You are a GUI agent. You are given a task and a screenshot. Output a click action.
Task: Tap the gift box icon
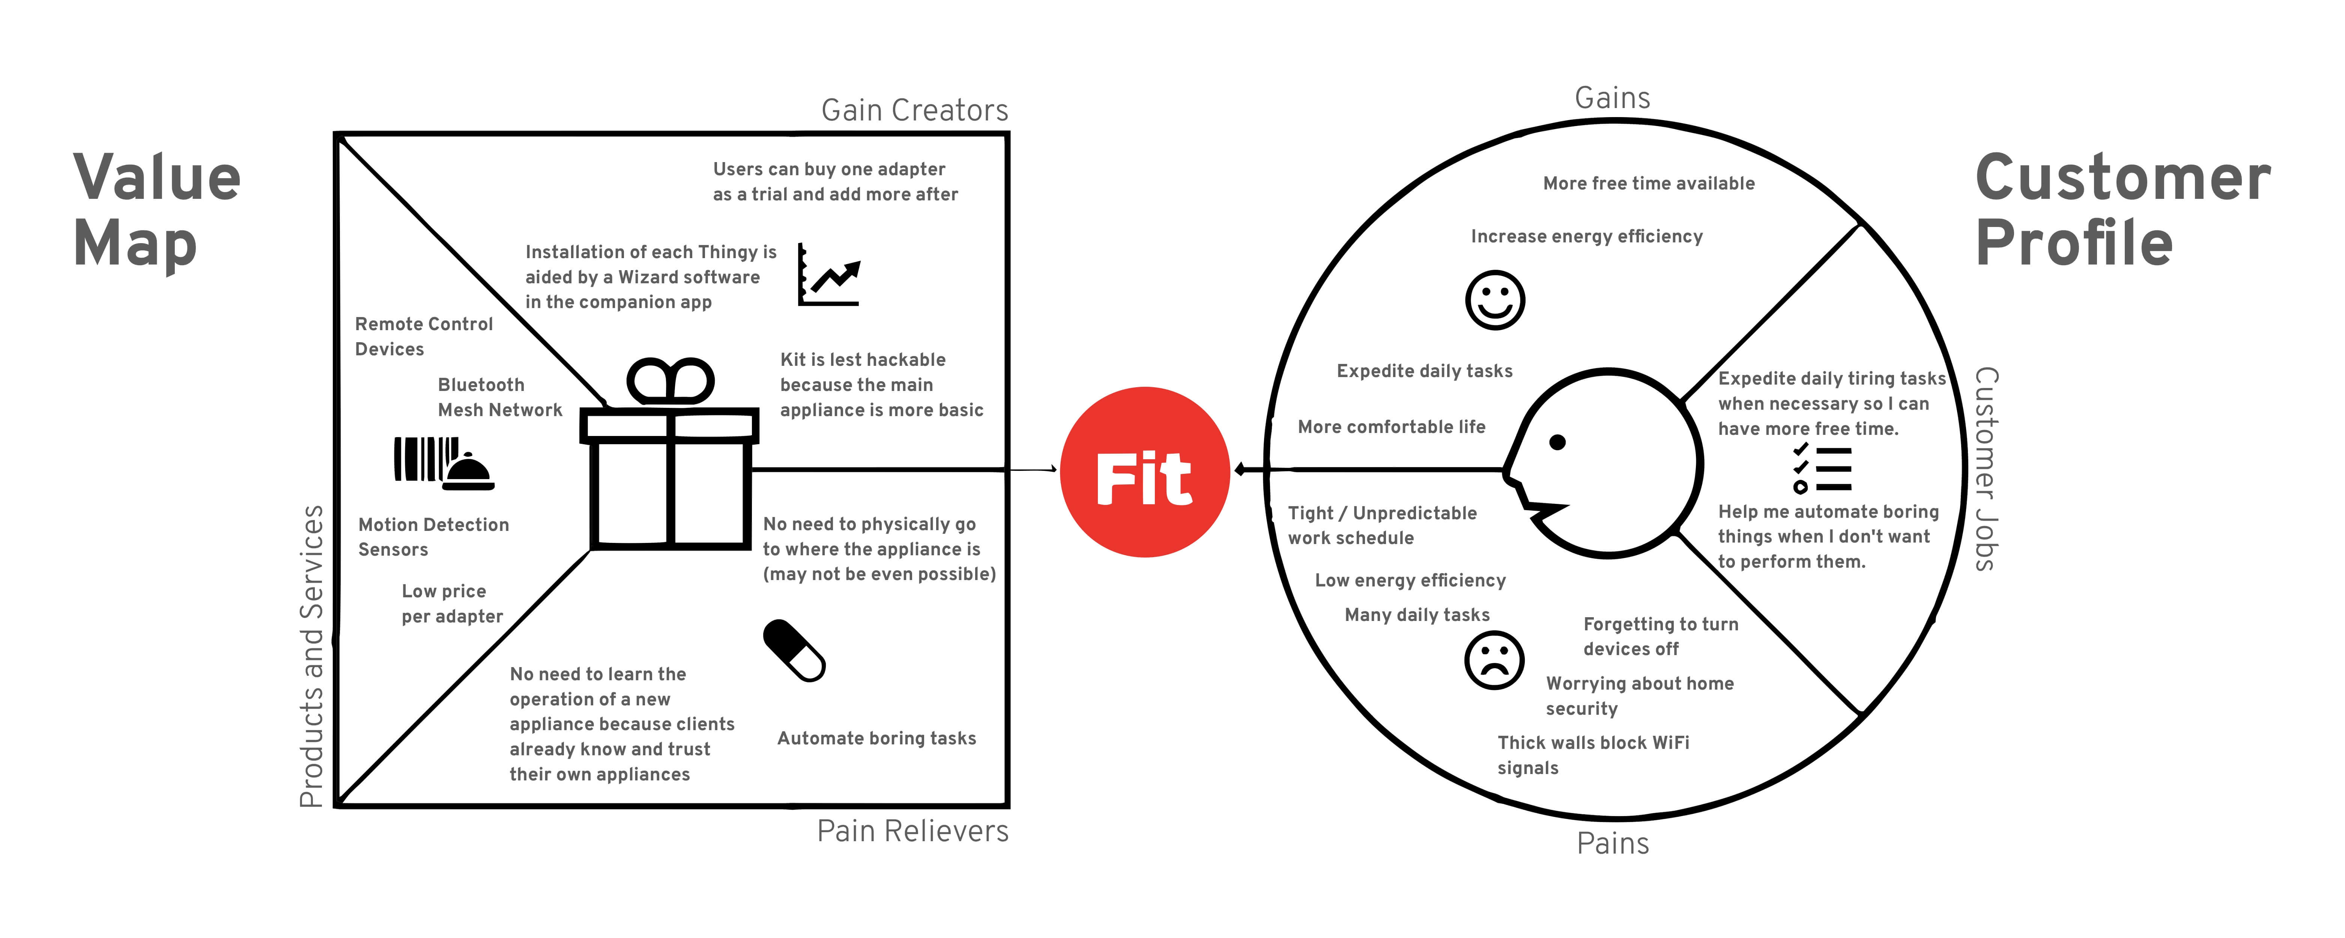tap(670, 455)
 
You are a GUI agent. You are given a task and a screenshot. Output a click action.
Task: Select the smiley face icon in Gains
tap(1495, 300)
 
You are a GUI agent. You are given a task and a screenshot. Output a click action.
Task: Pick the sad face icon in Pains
tap(1494, 660)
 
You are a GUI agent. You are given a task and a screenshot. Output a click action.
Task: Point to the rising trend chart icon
tap(828, 275)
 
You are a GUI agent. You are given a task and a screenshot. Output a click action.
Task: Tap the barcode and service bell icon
tap(443, 463)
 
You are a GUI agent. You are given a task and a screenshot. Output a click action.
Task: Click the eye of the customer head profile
tap(1557, 443)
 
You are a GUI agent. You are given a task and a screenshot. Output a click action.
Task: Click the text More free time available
tap(1649, 183)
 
